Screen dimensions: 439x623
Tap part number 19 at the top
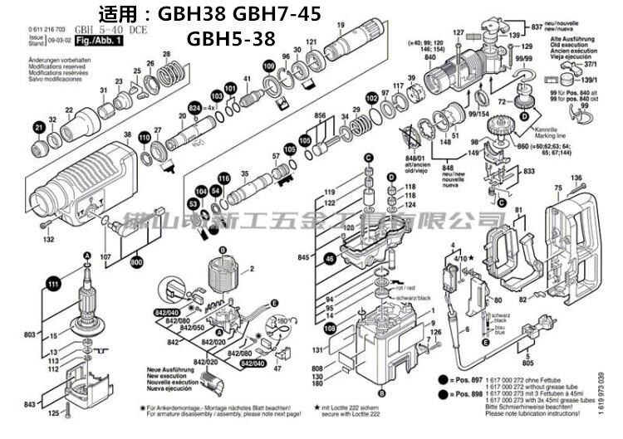click(x=341, y=24)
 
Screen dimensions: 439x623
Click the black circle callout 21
click(x=38, y=127)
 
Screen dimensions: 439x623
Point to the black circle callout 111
click(x=55, y=285)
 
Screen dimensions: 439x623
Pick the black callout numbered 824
click(x=194, y=109)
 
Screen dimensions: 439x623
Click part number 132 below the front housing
click(x=48, y=240)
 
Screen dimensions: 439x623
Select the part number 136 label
click(x=576, y=178)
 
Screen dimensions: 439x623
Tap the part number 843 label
click(x=31, y=404)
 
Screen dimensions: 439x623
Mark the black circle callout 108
click(x=330, y=329)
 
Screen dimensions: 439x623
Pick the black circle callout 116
click(x=223, y=178)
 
